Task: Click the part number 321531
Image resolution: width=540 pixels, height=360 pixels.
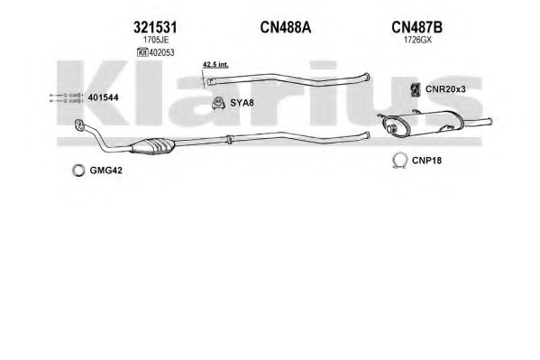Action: click(155, 27)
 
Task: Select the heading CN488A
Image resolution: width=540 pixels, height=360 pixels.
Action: click(286, 27)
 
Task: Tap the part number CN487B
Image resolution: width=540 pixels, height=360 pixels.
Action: click(416, 27)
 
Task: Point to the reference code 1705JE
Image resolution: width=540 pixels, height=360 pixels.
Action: click(156, 40)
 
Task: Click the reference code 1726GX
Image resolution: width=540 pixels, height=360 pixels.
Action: click(417, 40)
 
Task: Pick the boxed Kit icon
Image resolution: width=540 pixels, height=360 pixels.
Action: click(142, 52)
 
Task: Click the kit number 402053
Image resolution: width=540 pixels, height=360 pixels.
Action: click(161, 52)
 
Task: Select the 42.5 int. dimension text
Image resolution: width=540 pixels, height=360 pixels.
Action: click(215, 64)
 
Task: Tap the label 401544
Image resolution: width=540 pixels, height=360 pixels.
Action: click(104, 97)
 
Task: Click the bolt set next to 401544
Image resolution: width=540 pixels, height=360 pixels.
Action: click(67, 98)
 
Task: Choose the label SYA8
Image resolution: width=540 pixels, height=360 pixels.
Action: click(242, 103)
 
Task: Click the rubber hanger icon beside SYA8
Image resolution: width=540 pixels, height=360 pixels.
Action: click(218, 103)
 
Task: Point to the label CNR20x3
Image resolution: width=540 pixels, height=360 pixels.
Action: click(445, 89)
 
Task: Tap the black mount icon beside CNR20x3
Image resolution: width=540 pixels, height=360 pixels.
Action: click(416, 89)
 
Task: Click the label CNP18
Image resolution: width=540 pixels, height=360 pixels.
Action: click(426, 161)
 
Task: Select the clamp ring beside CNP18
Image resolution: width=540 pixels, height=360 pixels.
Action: click(399, 161)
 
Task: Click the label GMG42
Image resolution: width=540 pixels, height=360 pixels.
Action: click(105, 171)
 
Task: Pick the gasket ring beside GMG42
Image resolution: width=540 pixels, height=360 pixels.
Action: click(78, 171)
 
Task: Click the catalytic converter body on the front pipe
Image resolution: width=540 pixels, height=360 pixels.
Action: click(152, 146)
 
